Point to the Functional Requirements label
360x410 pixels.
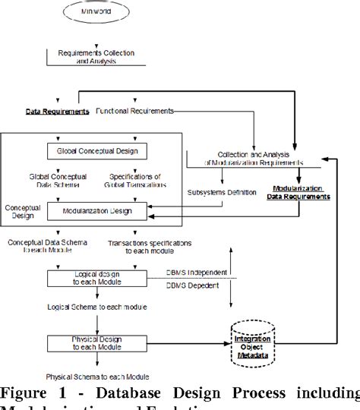134,112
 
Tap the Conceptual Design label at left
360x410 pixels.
23,210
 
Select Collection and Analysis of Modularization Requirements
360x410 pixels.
250,158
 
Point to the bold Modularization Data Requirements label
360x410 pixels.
298,192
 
